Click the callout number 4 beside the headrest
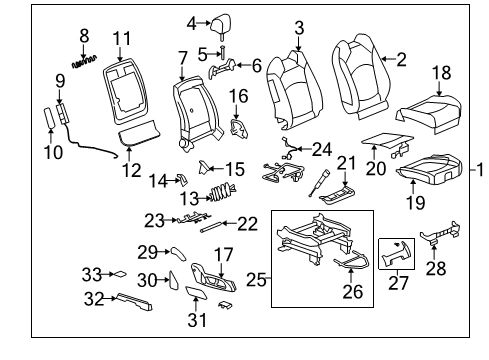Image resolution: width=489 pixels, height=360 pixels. [190, 22]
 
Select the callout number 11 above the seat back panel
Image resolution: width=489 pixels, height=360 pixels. [122, 39]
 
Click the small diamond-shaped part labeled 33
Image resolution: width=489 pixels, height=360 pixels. [117, 272]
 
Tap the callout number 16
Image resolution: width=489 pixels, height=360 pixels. [239, 95]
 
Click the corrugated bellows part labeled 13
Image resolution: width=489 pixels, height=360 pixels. [219, 193]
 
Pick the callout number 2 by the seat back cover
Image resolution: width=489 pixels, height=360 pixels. [400, 59]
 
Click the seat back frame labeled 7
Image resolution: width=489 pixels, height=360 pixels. [190, 115]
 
